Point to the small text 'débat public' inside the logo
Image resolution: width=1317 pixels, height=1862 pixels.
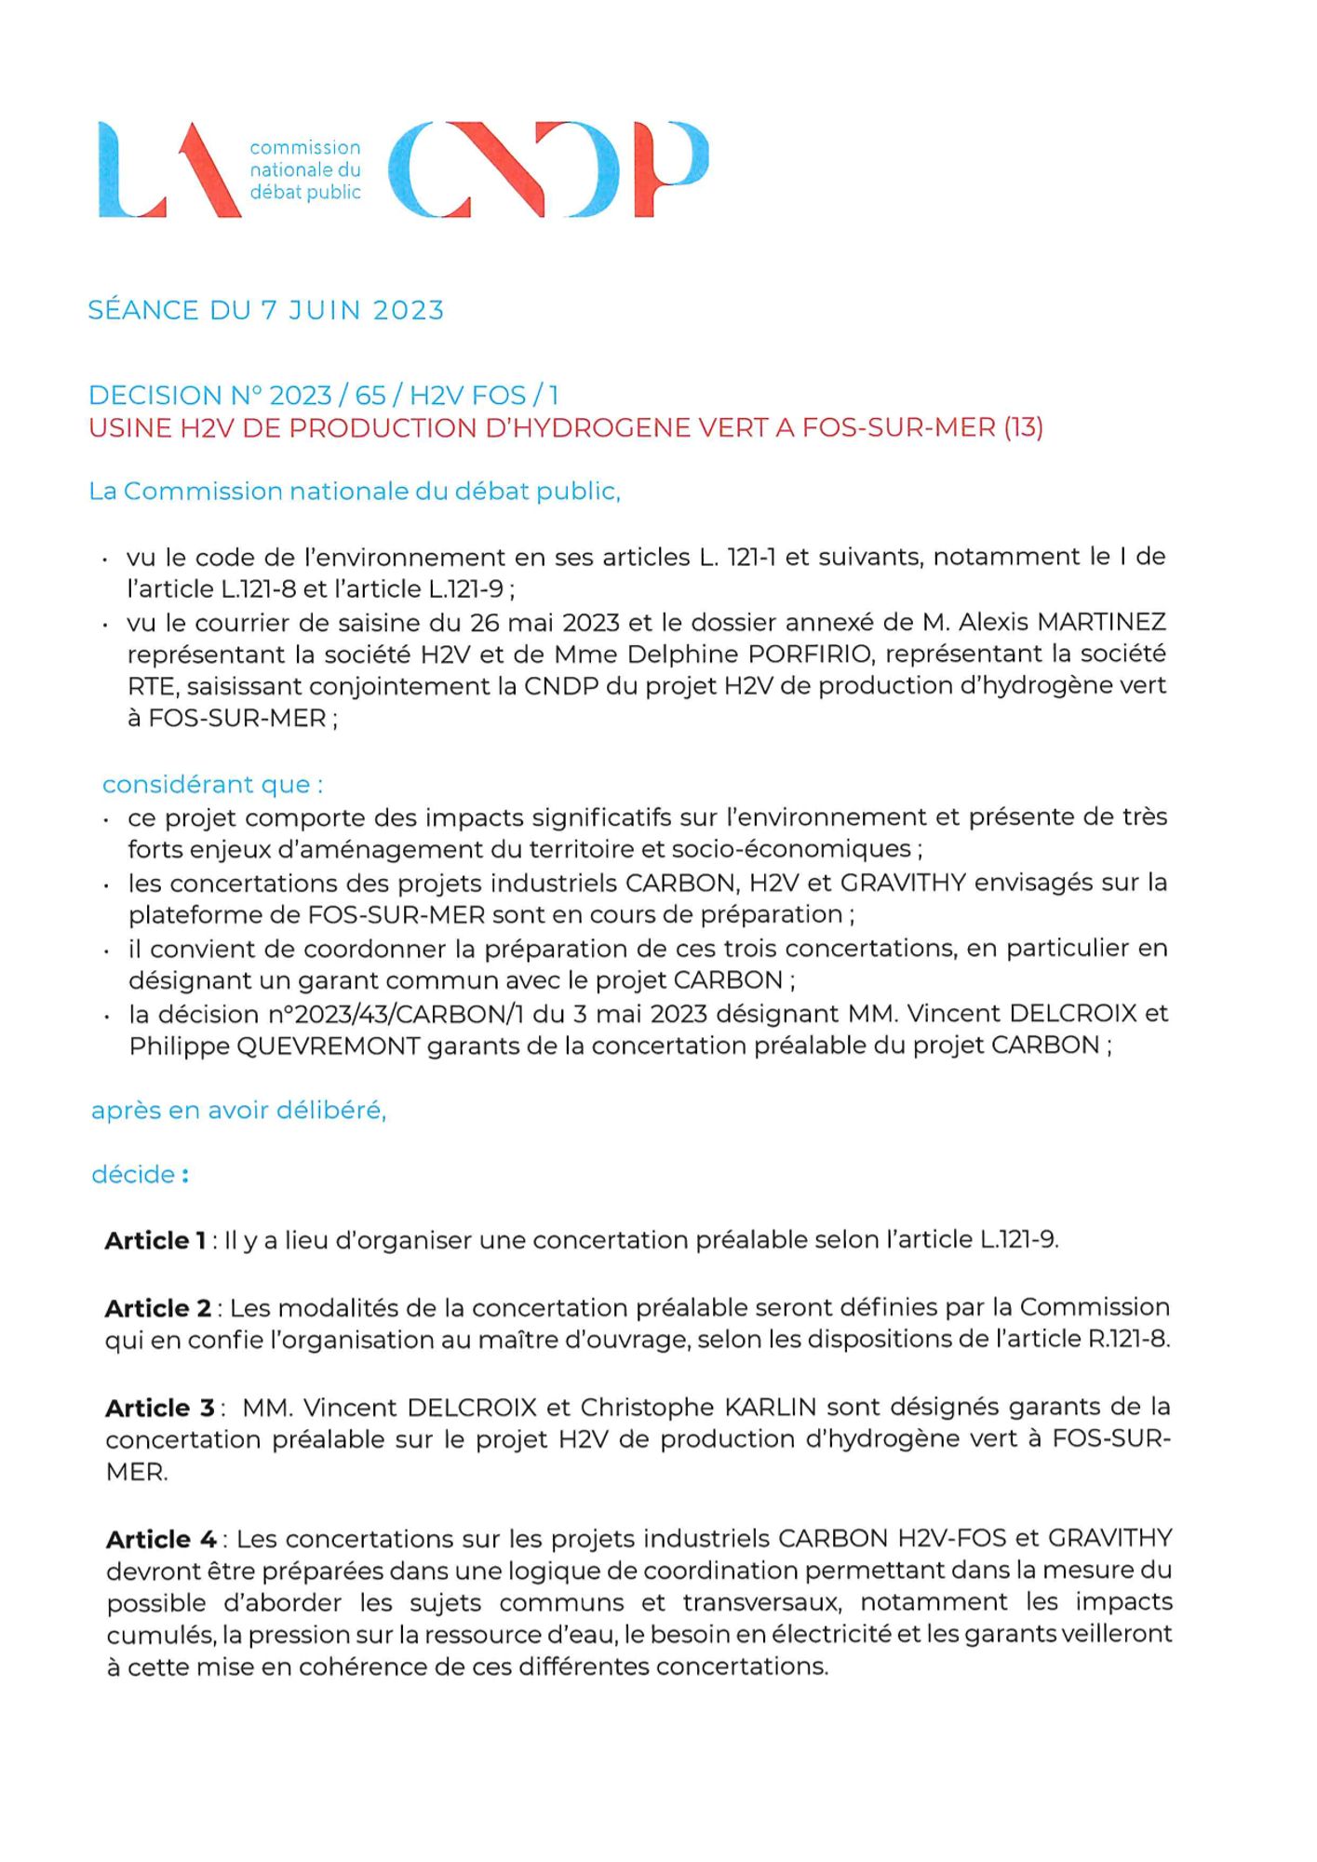(305, 193)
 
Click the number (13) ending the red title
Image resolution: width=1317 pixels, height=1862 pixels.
(1023, 428)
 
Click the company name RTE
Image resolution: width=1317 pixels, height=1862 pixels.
(151, 687)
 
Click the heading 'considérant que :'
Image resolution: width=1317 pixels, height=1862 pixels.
(212, 785)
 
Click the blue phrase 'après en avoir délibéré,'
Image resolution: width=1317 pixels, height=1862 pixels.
(238, 1111)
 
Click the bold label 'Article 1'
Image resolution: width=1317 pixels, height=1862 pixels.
(155, 1241)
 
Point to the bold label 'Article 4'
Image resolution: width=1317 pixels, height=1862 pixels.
(161, 1539)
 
